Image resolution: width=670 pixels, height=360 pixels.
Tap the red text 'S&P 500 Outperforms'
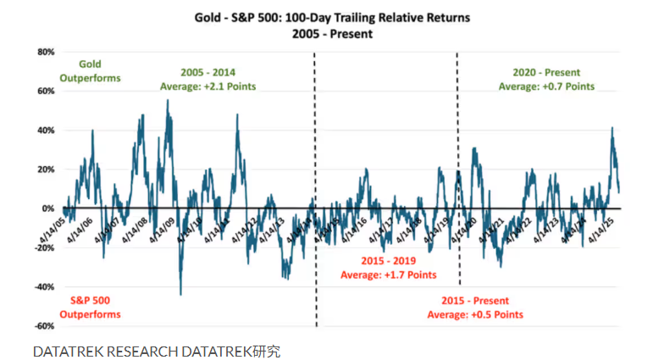click(90, 307)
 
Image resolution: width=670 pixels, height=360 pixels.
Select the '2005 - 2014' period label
click(208, 74)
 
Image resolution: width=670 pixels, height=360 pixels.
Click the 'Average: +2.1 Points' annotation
click(208, 86)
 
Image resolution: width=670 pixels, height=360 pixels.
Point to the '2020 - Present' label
click(546, 74)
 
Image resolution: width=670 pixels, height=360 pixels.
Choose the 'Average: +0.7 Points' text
click(546, 86)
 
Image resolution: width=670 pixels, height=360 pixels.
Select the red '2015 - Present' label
click(475, 302)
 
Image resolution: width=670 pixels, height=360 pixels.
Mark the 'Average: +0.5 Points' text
click(475, 315)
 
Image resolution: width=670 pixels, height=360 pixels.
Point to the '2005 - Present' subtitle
click(335, 34)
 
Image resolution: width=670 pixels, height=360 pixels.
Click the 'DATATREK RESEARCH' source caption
click(105, 350)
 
